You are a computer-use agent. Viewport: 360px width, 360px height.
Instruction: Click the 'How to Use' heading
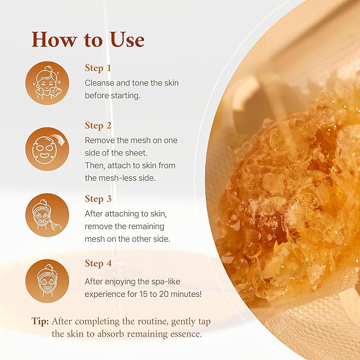(87, 40)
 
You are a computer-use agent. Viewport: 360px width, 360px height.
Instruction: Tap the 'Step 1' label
(98, 68)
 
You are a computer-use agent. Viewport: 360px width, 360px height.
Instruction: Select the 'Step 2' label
(99, 126)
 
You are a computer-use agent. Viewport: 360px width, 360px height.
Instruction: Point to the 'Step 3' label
(99, 199)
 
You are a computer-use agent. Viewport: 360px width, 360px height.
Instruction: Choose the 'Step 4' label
(99, 264)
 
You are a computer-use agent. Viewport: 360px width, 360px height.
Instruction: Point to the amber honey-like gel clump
(276, 201)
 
